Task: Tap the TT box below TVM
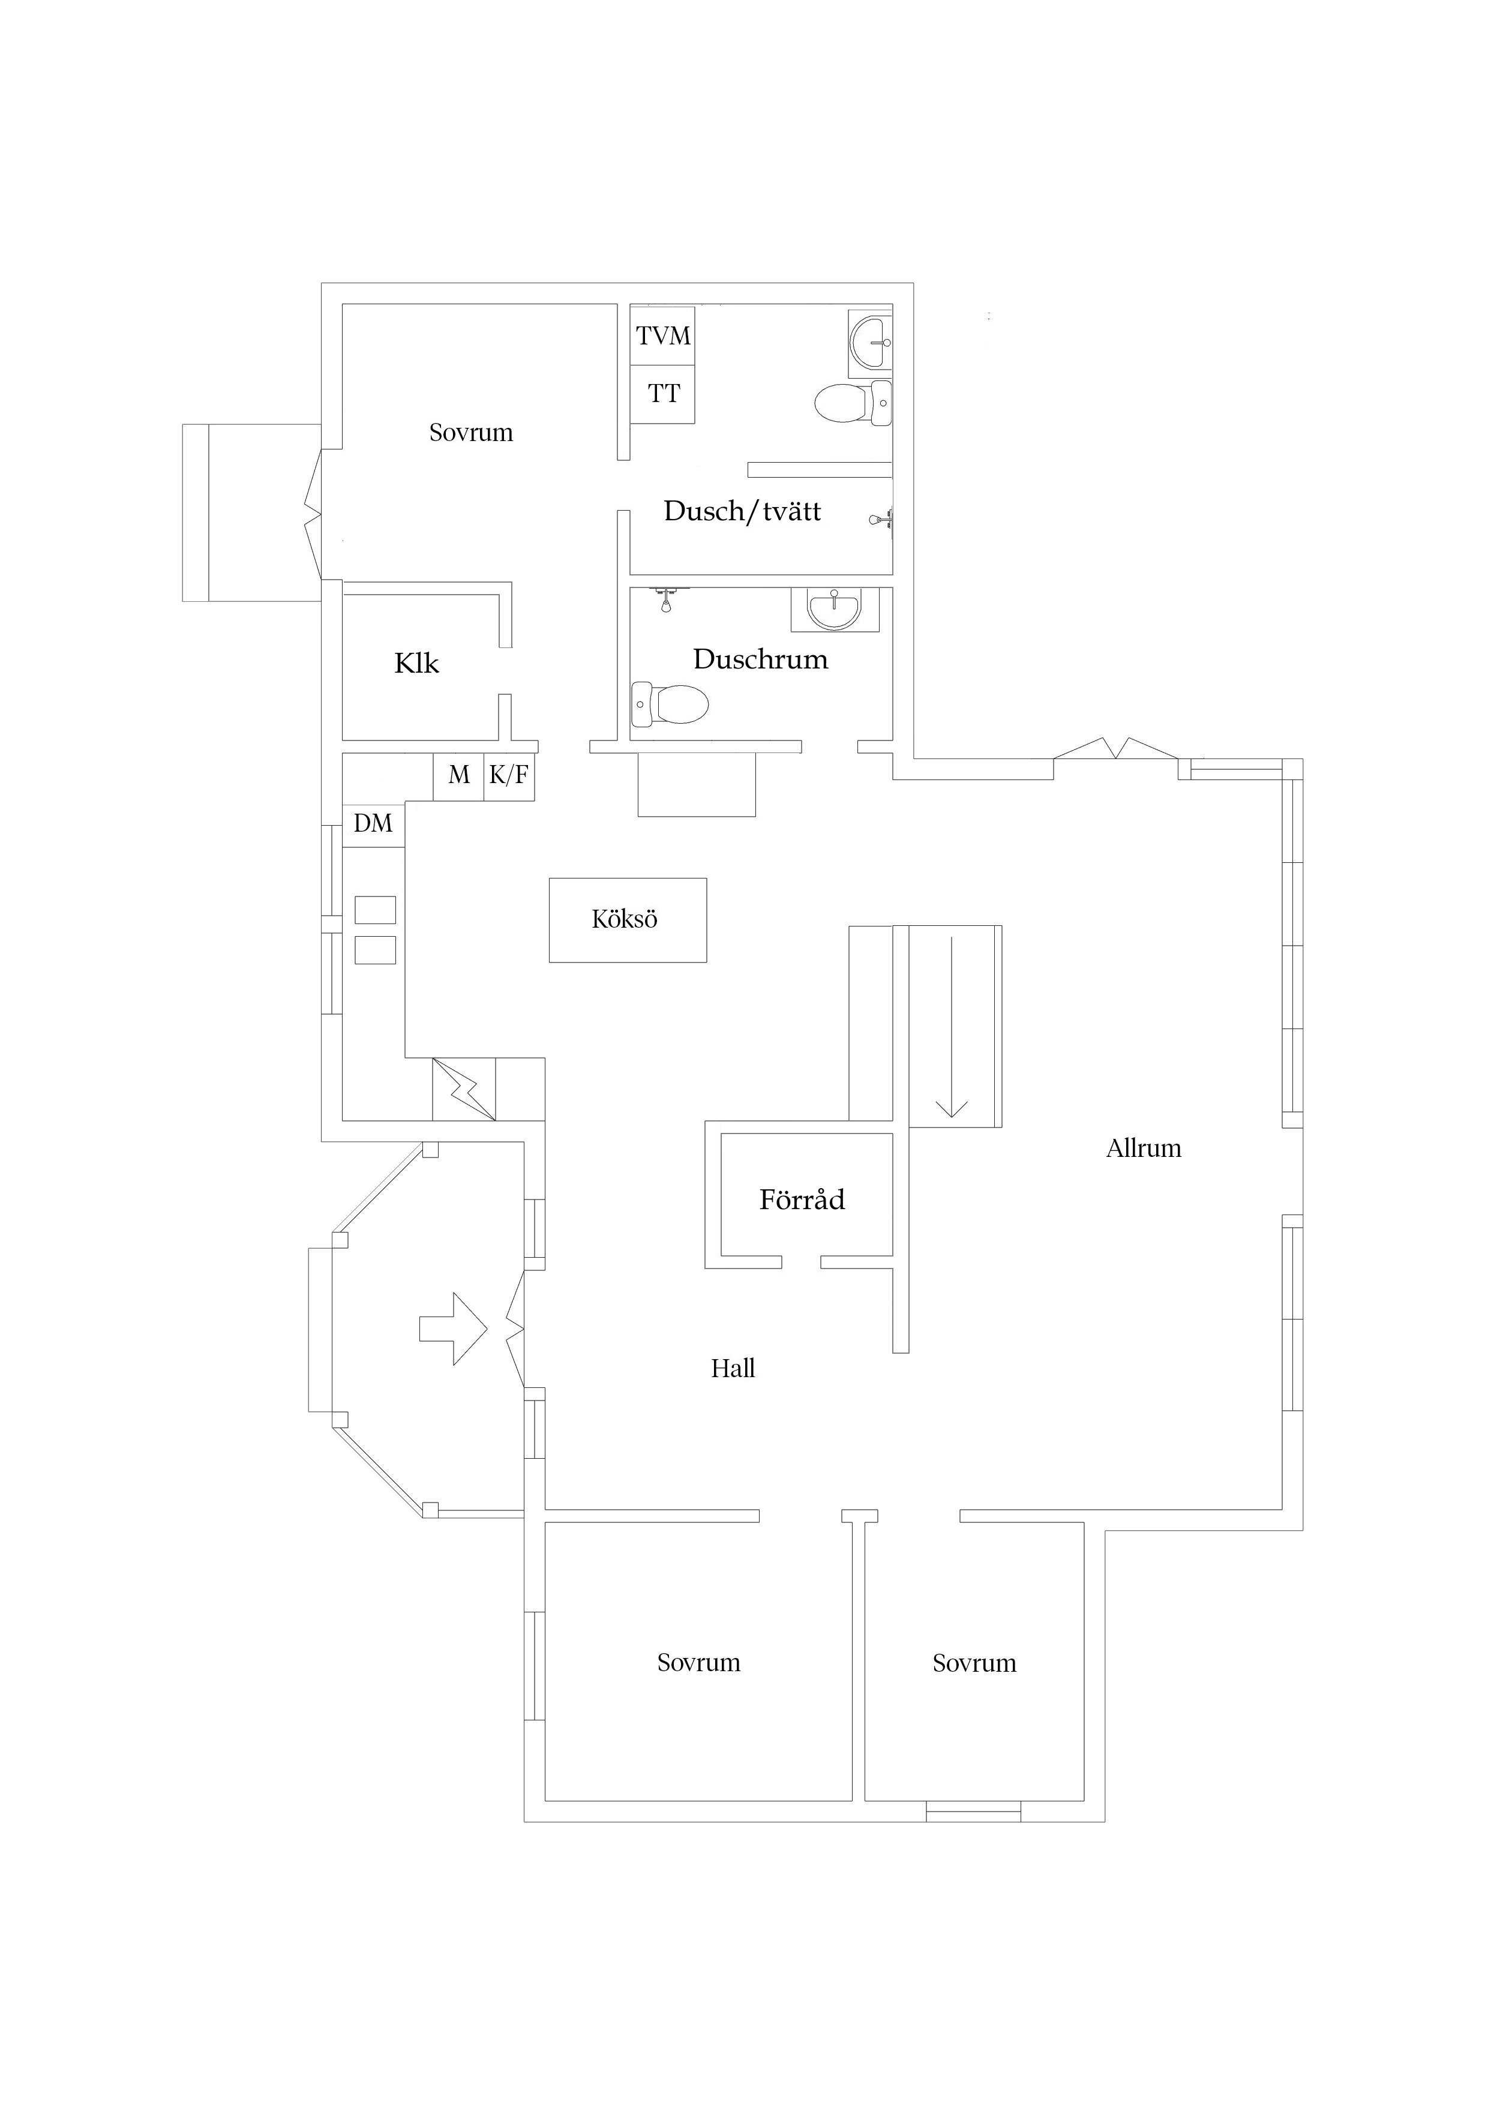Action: (x=663, y=394)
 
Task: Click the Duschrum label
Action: (x=760, y=659)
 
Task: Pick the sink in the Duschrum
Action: (x=835, y=609)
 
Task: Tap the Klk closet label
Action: (x=416, y=663)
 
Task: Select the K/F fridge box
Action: (x=509, y=776)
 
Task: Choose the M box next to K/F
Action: (x=458, y=776)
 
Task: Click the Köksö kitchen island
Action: (x=627, y=919)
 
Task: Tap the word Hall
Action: (x=733, y=1369)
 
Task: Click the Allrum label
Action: (x=1143, y=1148)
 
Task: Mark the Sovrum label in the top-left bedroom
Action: (x=470, y=433)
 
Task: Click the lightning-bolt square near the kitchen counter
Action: (x=464, y=1089)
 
